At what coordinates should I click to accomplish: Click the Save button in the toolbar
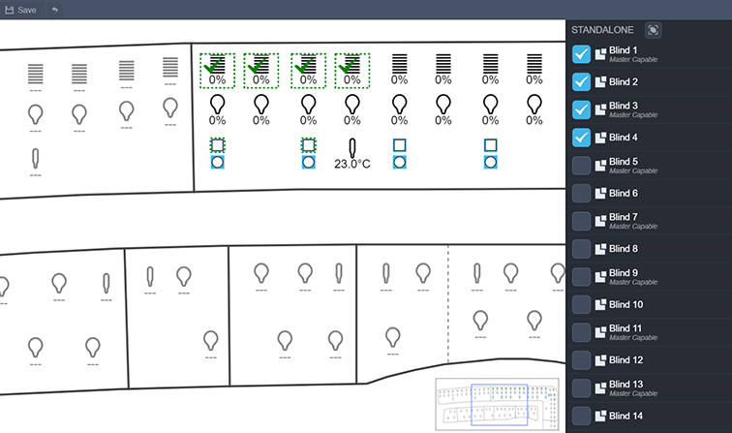20,9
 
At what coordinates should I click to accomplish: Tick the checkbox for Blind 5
582,165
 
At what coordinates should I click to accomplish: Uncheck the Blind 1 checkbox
582,54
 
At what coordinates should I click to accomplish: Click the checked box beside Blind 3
582,109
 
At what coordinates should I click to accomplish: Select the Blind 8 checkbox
582,249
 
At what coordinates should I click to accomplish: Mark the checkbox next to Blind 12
582,360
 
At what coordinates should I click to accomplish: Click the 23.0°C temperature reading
352,165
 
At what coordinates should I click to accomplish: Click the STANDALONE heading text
602,30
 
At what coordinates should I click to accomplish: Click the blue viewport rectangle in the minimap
499,405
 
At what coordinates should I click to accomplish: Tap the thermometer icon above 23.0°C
353,148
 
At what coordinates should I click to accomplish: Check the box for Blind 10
582,304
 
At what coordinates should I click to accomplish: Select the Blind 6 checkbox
582,194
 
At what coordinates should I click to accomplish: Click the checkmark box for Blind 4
582,138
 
